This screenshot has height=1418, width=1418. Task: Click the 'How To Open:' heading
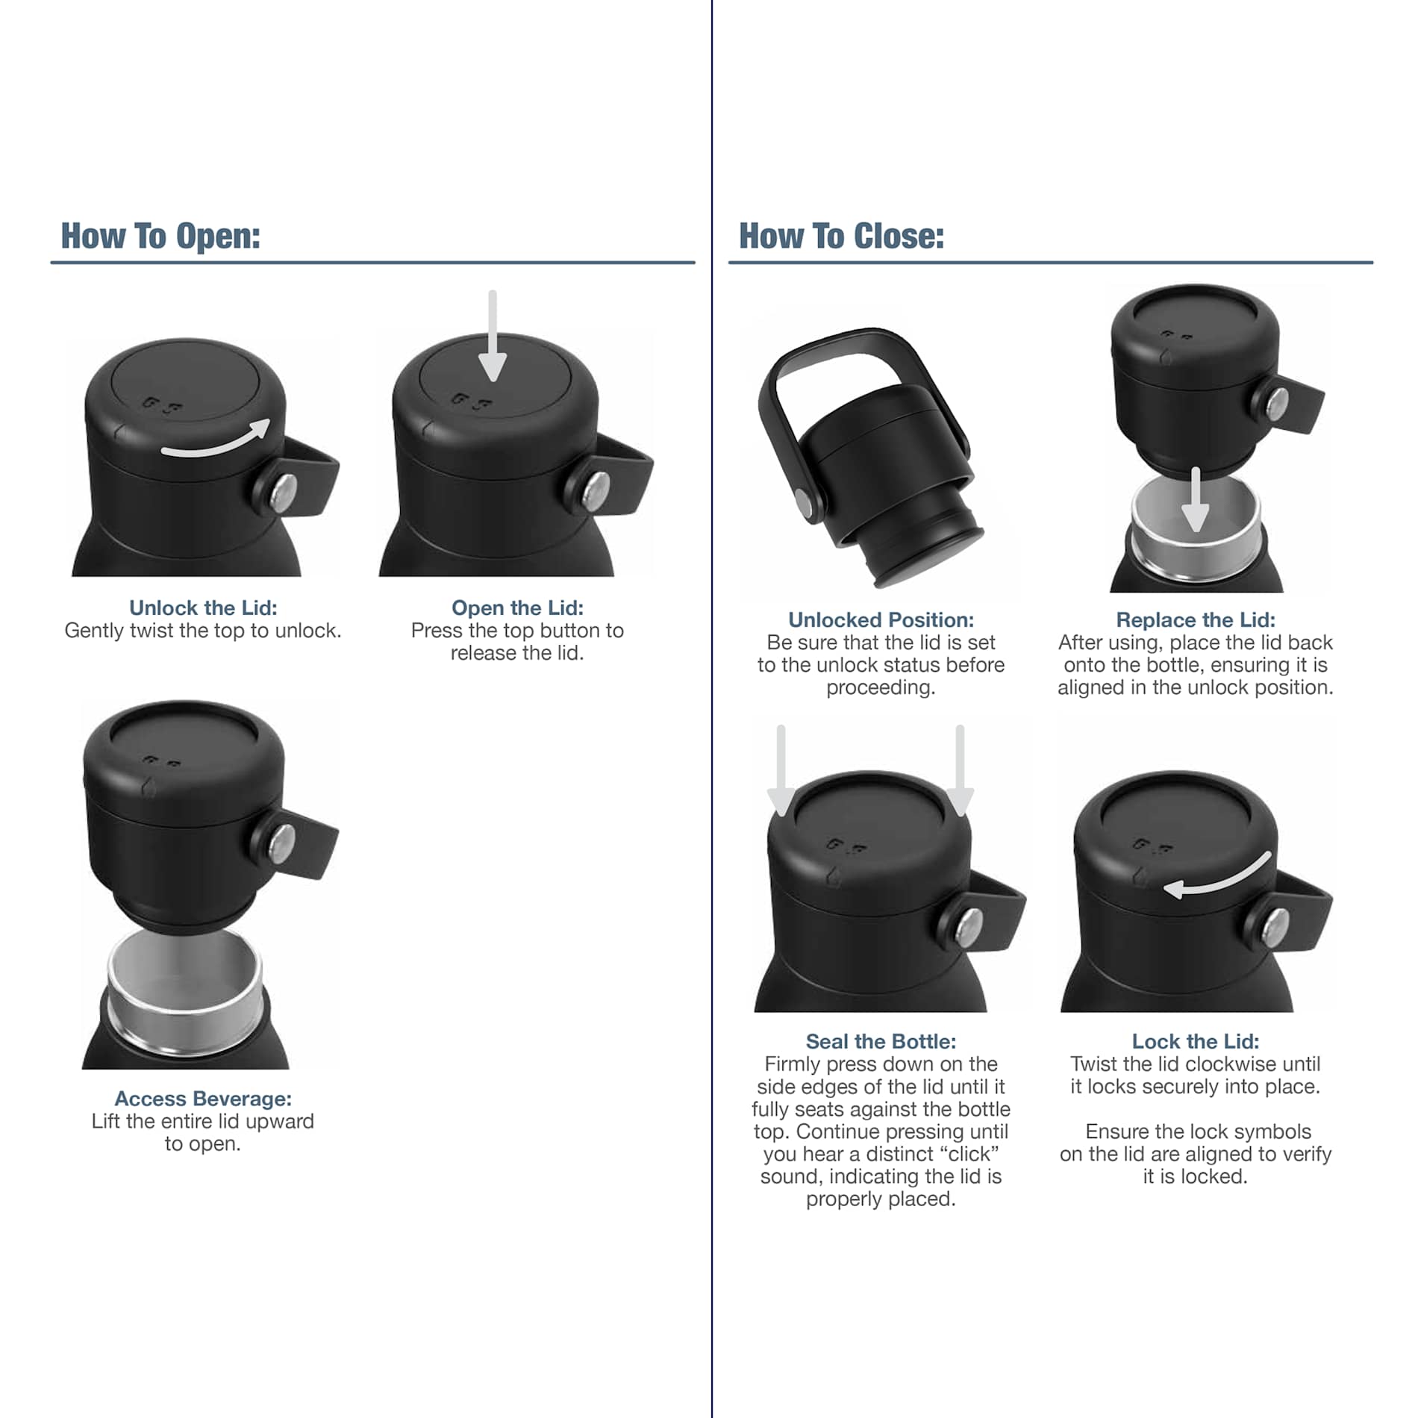coord(160,236)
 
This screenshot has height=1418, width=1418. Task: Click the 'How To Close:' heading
coord(841,236)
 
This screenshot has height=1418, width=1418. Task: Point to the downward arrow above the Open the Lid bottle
coord(493,336)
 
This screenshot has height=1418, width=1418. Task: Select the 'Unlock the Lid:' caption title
coord(203,608)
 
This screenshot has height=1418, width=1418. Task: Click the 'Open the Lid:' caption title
coord(517,608)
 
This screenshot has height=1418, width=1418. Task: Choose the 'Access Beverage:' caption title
coord(203,1099)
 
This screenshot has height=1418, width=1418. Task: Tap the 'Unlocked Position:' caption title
coord(881,619)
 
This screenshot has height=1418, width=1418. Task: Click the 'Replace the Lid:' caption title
coord(1196,619)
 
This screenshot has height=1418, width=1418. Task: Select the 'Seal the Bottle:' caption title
coord(881,1041)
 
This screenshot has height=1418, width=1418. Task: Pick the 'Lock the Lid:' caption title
coord(1196,1041)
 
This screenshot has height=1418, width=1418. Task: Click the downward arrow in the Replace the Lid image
coord(1196,500)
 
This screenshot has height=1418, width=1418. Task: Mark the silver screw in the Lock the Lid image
coord(1277,925)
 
